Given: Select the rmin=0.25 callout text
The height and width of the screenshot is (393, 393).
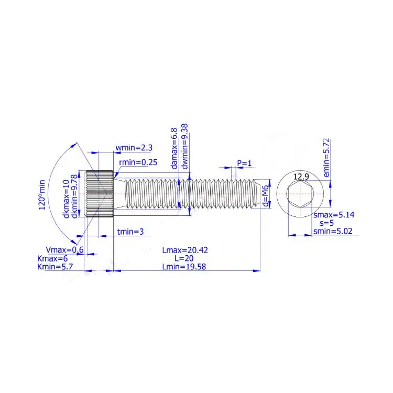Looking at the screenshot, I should click(x=138, y=162).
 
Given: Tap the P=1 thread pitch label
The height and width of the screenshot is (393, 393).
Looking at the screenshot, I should click(x=244, y=163).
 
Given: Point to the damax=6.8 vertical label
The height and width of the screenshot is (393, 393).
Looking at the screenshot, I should click(x=174, y=148).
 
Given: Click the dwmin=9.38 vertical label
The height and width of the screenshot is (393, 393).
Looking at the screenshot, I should click(x=184, y=146).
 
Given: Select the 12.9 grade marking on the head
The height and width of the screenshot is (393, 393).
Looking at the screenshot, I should click(x=301, y=177).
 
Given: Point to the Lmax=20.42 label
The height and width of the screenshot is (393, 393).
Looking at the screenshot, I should click(x=184, y=250).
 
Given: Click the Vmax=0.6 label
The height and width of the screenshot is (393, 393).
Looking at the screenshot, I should click(x=65, y=250).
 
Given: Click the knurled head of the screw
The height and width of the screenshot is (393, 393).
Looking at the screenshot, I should click(x=100, y=195).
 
